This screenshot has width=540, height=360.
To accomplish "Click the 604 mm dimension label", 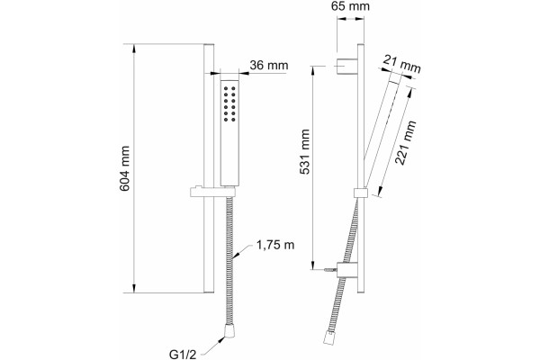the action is [x=125, y=168].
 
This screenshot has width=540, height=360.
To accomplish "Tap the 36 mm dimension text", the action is [x=269, y=65].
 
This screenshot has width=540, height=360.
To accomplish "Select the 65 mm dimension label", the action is [x=350, y=6].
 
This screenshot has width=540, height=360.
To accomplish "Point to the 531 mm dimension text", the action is [x=305, y=151].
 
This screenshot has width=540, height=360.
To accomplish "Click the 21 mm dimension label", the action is [x=402, y=64].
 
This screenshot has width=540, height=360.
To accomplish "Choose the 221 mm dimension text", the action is [x=406, y=142].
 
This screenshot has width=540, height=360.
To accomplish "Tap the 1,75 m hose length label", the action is [x=275, y=245].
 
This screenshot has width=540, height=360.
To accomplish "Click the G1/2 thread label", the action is [x=183, y=354].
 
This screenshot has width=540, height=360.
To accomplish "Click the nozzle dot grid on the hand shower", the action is [x=229, y=103].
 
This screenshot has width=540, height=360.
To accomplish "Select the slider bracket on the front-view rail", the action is [x=213, y=192].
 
